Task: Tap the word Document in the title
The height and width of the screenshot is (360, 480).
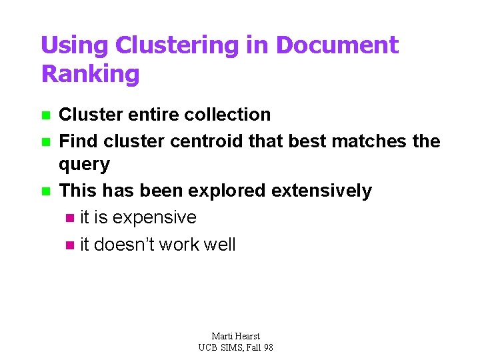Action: [x=337, y=45]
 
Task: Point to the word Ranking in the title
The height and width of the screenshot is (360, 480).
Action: [x=91, y=73]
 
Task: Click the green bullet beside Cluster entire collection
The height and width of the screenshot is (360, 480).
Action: [x=45, y=115]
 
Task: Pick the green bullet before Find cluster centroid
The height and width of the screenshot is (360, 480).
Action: [x=45, y=142]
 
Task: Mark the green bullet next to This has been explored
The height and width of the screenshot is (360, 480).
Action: [x=45, y=191]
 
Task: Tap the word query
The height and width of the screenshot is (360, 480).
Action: [x=84, y=165]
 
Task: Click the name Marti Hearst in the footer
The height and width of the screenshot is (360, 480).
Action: [x=235, y=336]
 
